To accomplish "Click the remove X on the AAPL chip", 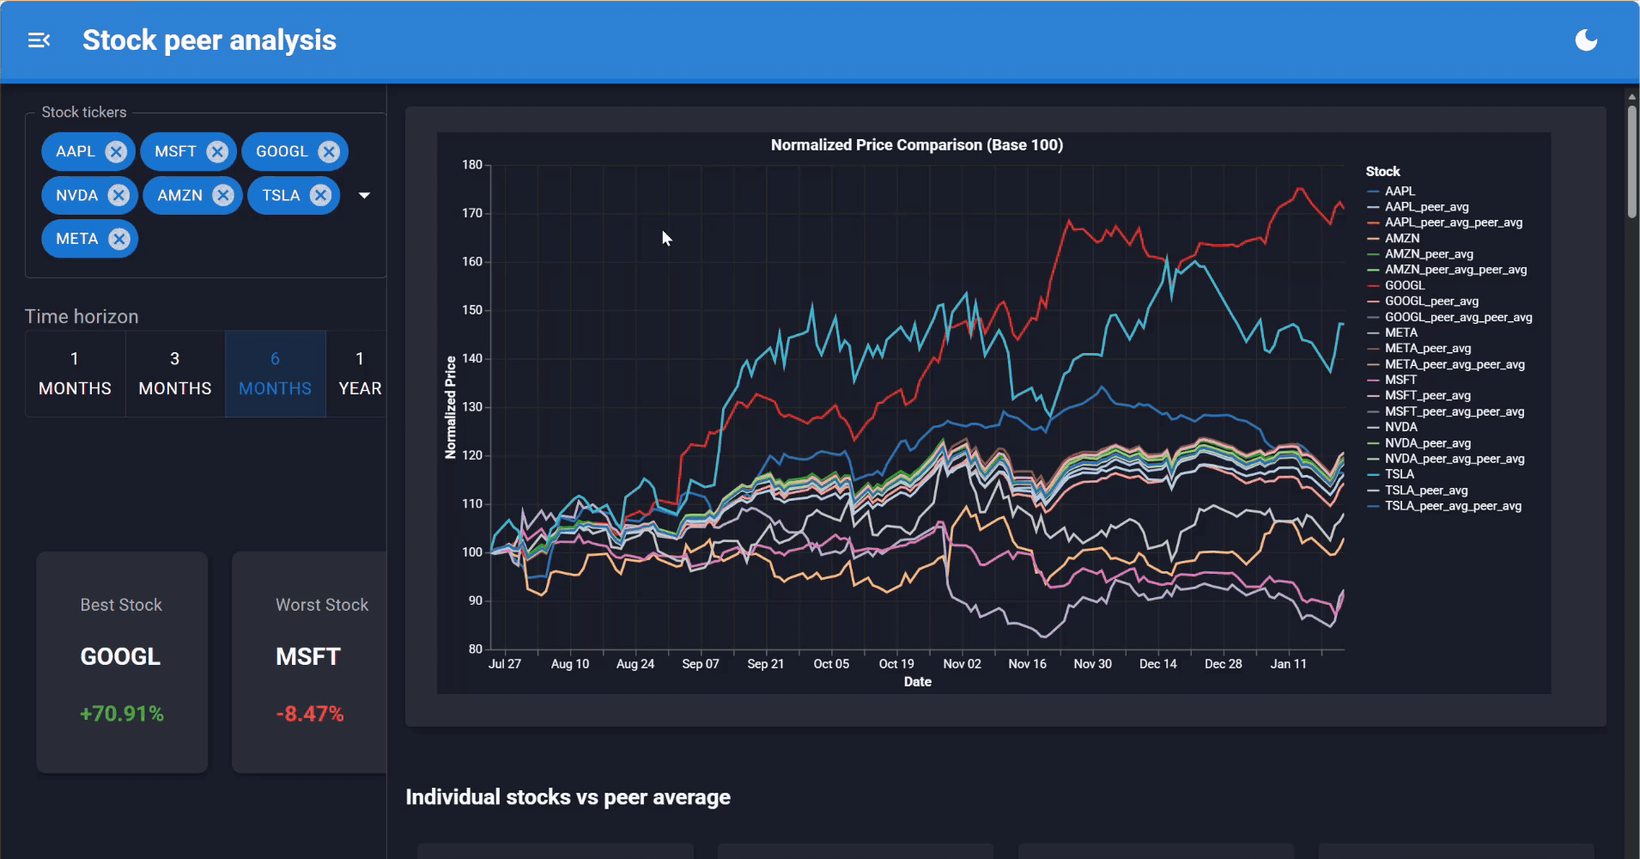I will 116,152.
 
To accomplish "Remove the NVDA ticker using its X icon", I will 118,196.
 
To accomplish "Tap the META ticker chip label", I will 76,239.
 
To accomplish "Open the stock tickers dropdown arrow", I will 364,196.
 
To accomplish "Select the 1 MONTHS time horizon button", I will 75,374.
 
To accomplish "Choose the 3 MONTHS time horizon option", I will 175,374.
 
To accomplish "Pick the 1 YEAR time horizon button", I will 359,374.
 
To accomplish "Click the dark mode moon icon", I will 1586,40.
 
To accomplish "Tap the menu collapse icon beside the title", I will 39,40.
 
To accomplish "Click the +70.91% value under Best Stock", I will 122,714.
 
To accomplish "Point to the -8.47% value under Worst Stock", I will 309,714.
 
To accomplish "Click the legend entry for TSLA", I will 1399,474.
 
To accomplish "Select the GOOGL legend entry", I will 1404,285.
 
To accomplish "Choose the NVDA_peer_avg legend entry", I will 1427,443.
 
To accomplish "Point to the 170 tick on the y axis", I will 472,213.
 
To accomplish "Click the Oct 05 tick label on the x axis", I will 830,664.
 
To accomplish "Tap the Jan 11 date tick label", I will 1288,664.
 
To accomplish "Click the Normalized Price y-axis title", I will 451,407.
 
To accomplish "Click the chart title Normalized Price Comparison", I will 916,145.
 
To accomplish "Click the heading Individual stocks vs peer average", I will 568,797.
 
